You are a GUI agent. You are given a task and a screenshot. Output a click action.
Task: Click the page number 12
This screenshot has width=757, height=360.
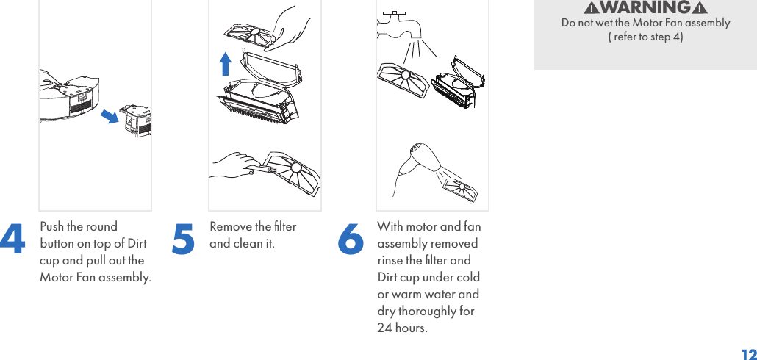click(x=747, y=355)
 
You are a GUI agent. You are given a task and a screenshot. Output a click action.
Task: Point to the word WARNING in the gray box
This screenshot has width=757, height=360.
click(x=645, y=8)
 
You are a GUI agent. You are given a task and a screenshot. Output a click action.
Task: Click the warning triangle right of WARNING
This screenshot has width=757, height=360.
click(x=700, y=8)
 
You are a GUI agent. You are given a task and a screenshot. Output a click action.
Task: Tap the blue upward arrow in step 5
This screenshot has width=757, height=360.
click(x=226, y=64)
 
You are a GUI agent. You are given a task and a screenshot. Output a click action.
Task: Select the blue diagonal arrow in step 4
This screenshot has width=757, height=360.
click(x=110, y=116)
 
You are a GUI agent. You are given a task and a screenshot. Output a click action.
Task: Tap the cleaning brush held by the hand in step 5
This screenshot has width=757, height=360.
click(x=260, y=170)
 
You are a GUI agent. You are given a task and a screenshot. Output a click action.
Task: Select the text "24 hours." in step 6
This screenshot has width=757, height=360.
click(x=402, y=328)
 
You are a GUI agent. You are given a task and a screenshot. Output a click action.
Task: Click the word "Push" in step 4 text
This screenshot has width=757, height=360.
click(x=52, y=226)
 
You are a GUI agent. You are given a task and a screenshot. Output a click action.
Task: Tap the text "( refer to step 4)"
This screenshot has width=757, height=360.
click(x=645, y=37)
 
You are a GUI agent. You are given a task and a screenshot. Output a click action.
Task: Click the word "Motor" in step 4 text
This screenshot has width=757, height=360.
click(x=56, y=277)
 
